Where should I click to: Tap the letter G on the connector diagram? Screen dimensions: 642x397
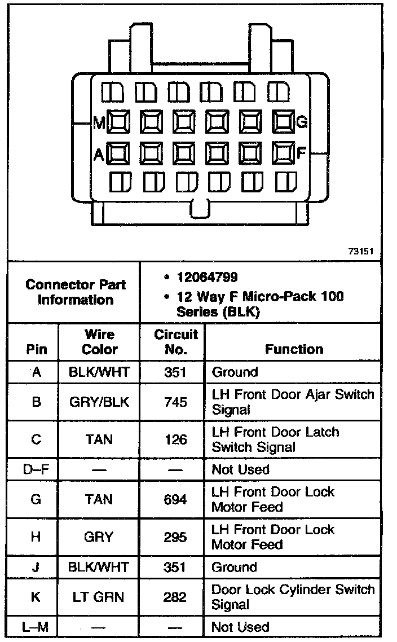click(x=302, y=122)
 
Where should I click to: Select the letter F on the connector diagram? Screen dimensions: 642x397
click(x=302, y=153)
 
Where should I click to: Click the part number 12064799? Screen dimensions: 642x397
click(x=207, y=277)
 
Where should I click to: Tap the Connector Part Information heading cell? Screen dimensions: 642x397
click(x=76, y=292)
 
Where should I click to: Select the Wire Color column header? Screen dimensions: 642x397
click(x=99, y=342)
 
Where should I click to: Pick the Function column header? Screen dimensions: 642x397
click(x=294, y=349)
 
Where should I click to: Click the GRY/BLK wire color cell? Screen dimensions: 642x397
click(x=99, y=402)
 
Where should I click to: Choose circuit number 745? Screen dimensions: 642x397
click(x=175, y=402)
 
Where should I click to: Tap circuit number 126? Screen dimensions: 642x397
click(x=175, y=439)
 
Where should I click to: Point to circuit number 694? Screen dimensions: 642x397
click(x=175, y=499)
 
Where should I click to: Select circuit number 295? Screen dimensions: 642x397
click(x=175, y=537)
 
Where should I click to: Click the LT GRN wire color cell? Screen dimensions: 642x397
click(x=99, y=597)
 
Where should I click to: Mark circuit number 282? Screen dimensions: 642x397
click(x=175, y=597)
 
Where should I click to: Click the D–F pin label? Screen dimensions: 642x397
click(x=35, y=469)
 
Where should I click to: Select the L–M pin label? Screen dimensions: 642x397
click(x=35, y=627)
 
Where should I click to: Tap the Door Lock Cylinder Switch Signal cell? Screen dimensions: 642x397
click(x=293, y=597)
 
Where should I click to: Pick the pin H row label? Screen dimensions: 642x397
click(x=35, y=537)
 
